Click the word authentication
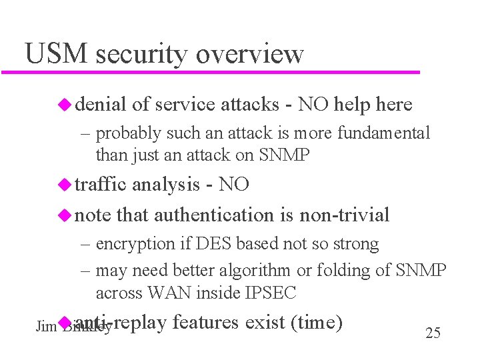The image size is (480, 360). point(214,215)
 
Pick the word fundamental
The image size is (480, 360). point(384,133)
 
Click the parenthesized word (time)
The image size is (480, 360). point(317,323)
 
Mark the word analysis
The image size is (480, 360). point(166,184)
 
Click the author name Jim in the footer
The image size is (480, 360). point(45,327)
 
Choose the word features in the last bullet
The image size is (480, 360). point(205,323)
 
